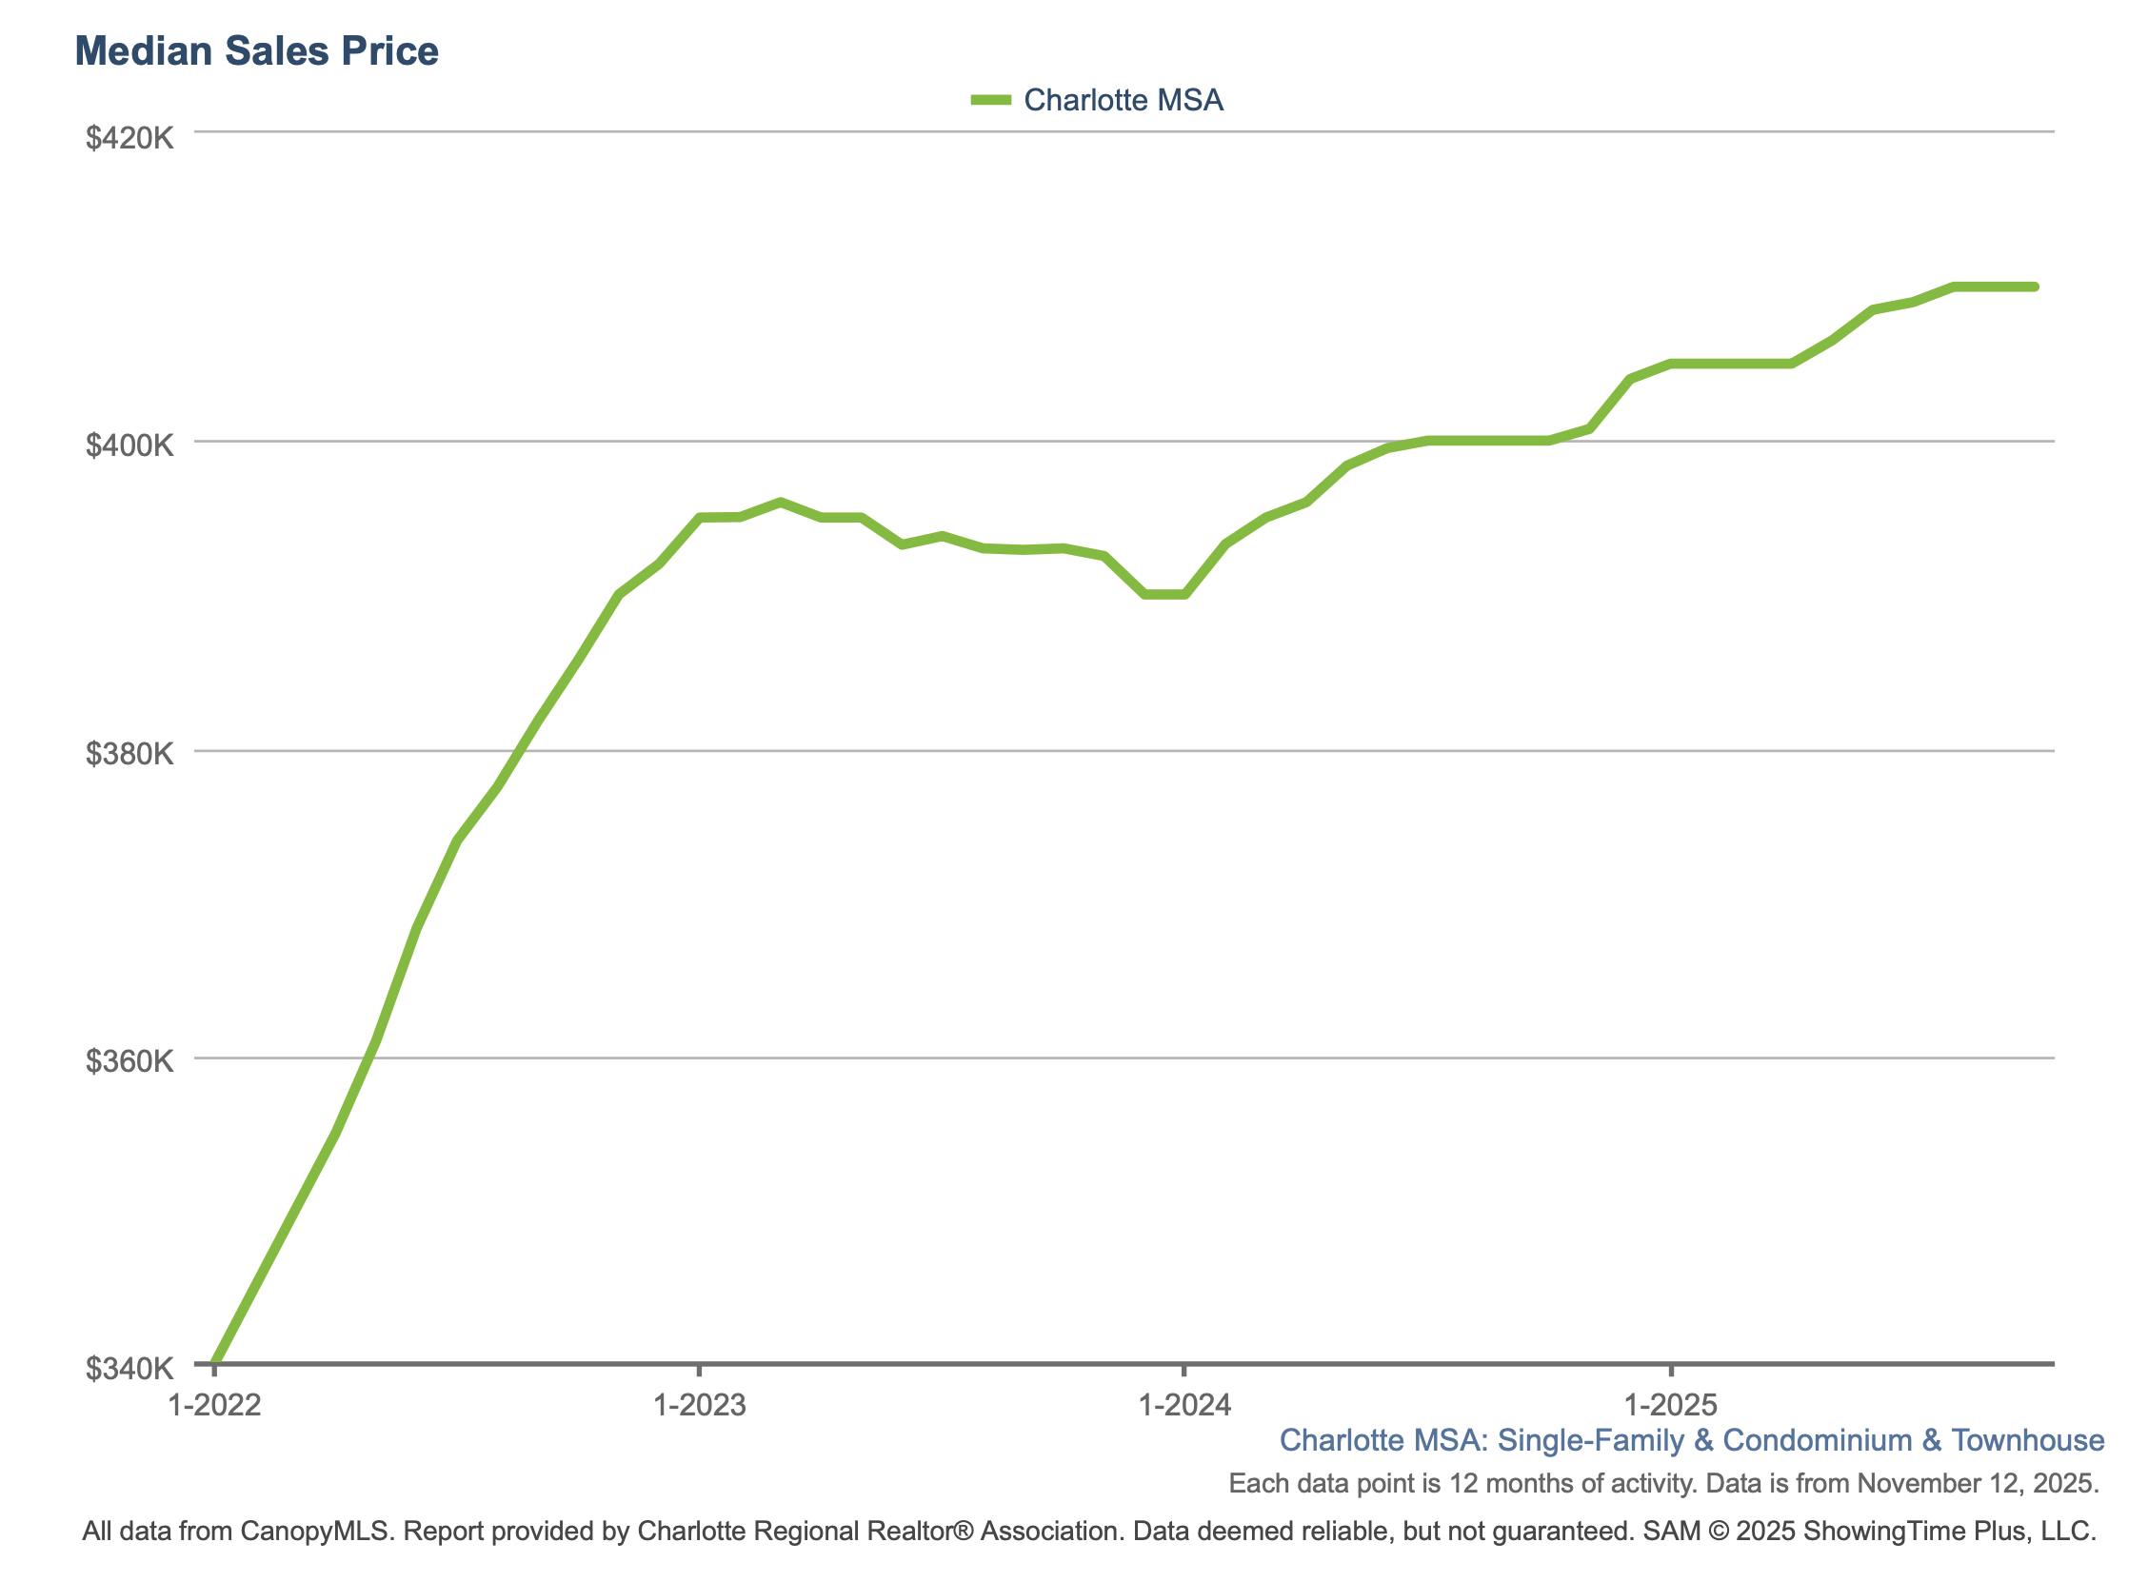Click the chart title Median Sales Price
tap(256, 50)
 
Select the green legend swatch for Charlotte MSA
tap(990, 100)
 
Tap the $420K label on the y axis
tap(129, 138)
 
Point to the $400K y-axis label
tap(129, 445)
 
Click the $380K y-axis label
tap(129, 754)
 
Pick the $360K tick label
tap(129, 1061)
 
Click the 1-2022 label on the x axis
tap(213, 1405)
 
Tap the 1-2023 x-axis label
tap(699, 1405)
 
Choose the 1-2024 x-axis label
tap(1183, 1405)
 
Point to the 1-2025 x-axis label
tap(1671, 1405)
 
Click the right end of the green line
tap(2034, 287)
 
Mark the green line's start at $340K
tap(214, 1361)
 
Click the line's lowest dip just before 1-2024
tap(1164, 595)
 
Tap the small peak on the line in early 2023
tap(781, 502)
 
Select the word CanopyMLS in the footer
tap(316, 1532)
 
